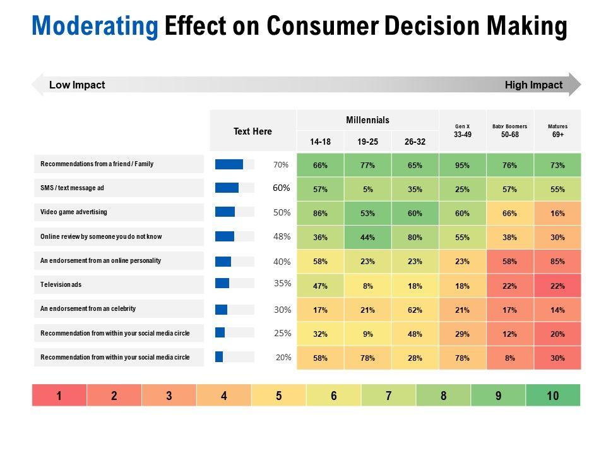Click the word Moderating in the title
(95, 27)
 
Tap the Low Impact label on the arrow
(77, 85)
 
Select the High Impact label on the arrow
(533, 85)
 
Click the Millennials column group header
(367, 120)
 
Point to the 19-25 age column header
(367, 142)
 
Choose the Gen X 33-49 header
(462, 131)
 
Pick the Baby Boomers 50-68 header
(509, 131)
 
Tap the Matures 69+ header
(557, 131)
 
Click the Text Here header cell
(252, 131)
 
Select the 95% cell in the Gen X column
(462, 166)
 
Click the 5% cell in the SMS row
(367, 190)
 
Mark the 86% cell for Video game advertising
(320, 214)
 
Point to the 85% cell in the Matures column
(557, 261)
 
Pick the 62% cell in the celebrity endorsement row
(415, 310)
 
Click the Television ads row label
(61, 285)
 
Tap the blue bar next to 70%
(229, 164)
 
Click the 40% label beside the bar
(282, 261)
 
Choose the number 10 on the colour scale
(552, 396)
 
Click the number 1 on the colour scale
(59, 396)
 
